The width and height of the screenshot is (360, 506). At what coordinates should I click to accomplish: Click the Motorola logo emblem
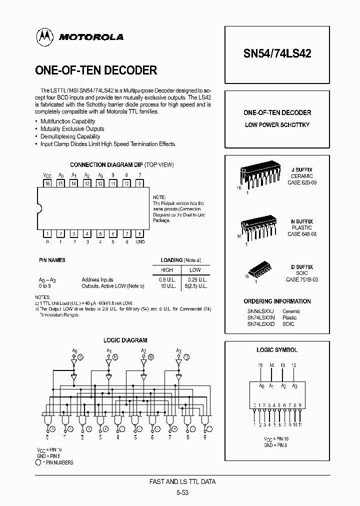44,36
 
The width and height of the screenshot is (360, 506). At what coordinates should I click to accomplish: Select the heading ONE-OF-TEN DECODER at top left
96,70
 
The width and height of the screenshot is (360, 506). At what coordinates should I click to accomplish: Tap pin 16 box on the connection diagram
47,183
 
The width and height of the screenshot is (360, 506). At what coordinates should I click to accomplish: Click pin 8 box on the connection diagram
139,233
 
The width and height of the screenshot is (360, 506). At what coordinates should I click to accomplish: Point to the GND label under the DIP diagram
140,242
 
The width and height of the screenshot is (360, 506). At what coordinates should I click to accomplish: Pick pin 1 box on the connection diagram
47,233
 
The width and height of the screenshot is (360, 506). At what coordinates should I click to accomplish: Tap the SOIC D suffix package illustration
259,270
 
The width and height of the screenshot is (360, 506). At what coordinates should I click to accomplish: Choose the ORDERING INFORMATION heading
277,301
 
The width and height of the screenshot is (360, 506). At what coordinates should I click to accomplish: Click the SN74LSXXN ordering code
260,317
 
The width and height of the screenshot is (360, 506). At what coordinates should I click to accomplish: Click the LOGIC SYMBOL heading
277,350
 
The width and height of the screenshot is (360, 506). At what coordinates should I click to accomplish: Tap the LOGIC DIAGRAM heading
125,340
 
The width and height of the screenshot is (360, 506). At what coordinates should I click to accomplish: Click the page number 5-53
183,492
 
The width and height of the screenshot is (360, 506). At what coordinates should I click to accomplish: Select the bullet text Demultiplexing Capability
70,136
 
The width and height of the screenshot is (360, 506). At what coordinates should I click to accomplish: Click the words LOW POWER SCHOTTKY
277,124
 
